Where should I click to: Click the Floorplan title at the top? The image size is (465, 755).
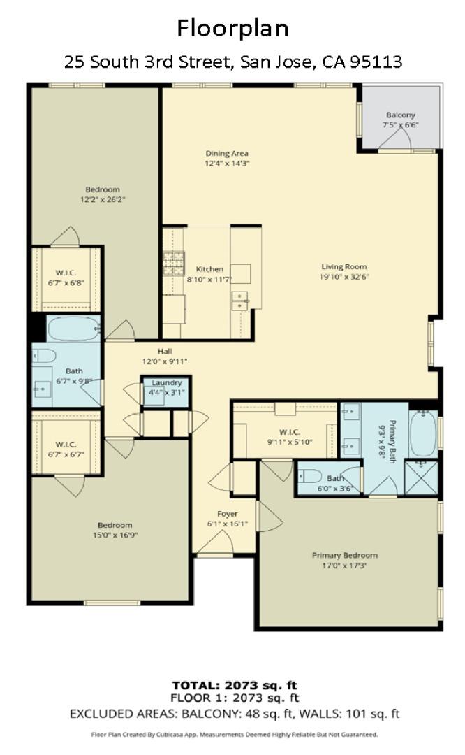[232, 29]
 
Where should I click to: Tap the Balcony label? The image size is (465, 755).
[400, 115]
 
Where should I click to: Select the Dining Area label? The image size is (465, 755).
[227, 154]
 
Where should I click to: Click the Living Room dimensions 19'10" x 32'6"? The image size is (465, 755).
[344, 276]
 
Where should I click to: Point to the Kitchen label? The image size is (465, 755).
[209, 269]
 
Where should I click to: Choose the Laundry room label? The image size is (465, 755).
[167, 382]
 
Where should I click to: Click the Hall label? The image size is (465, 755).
[165, 352]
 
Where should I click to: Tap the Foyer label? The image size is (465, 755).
[227, 515]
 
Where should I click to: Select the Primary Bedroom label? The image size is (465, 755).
[344, 556]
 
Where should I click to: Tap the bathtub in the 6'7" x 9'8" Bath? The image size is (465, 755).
[73, 329]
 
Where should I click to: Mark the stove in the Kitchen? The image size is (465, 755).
[173, 263]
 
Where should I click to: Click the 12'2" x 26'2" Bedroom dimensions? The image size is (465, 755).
[102, 199]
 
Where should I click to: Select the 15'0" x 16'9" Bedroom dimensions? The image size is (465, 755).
[115, 535]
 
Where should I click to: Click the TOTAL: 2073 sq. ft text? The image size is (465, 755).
[235, 685]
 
